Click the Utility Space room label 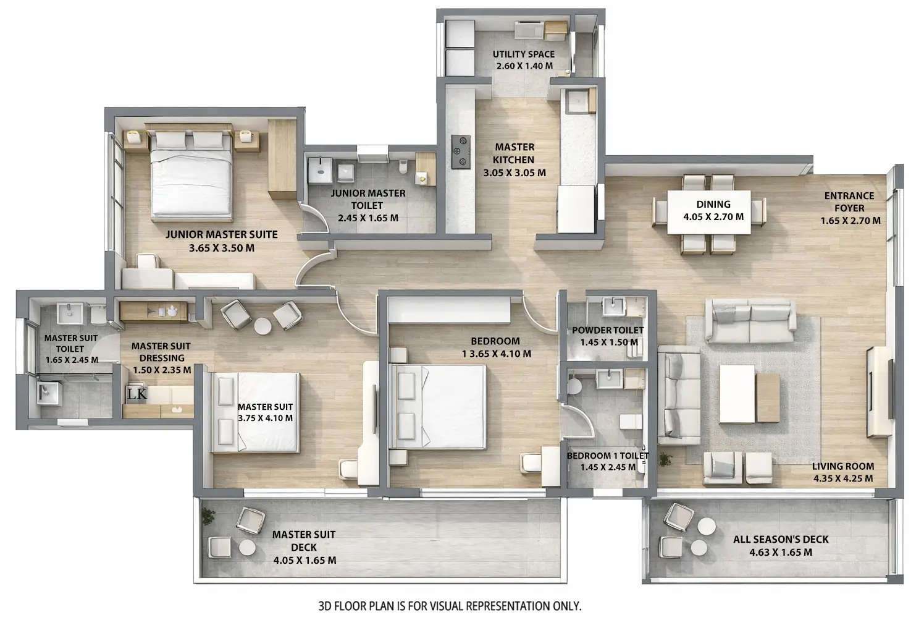pos(523,54)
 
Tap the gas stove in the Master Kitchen pos(460,151)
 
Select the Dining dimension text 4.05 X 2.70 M pos(713,217)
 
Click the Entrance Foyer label pos(850,202)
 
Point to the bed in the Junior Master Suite pos(191,176)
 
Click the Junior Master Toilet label pos(367,199)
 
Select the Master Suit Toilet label pos(70,344)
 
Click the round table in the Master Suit pos(262,326)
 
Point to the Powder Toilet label pos(607,331)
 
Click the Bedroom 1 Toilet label pos(608,456)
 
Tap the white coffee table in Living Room pos(737,393)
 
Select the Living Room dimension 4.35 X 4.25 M pos(842,478)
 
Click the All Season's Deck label pos(781,539)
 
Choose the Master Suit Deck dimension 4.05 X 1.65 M pos(304,561)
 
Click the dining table pos(708,212)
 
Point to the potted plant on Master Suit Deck pos(208,515)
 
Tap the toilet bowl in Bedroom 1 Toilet pos(574,386)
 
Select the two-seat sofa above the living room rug pos(750,321)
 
